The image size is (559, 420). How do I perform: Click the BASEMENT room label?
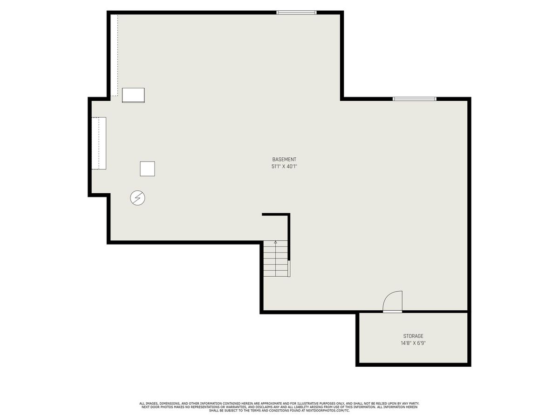(284, 160)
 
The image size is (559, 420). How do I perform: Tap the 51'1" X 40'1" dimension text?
(284, 167)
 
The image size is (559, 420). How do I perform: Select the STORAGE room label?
(413, 336)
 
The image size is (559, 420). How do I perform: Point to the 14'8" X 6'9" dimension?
(413, 343)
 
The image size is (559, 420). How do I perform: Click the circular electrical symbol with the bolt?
(137, 198)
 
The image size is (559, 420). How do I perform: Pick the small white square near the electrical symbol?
(147, 168)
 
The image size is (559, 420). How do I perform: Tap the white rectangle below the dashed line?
(133, 95)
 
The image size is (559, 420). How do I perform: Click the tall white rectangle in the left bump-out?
(99, 143)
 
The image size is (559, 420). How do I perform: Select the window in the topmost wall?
(296, 13)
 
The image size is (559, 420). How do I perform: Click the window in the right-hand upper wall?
(414, 99)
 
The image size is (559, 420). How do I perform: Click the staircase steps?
(276, 259)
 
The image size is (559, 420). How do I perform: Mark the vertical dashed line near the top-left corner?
(118, 56)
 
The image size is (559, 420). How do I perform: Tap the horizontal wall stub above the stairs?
(276, 215)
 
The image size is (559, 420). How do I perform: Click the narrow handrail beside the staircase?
(289, 268)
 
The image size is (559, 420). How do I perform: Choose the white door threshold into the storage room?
(392, 312)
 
